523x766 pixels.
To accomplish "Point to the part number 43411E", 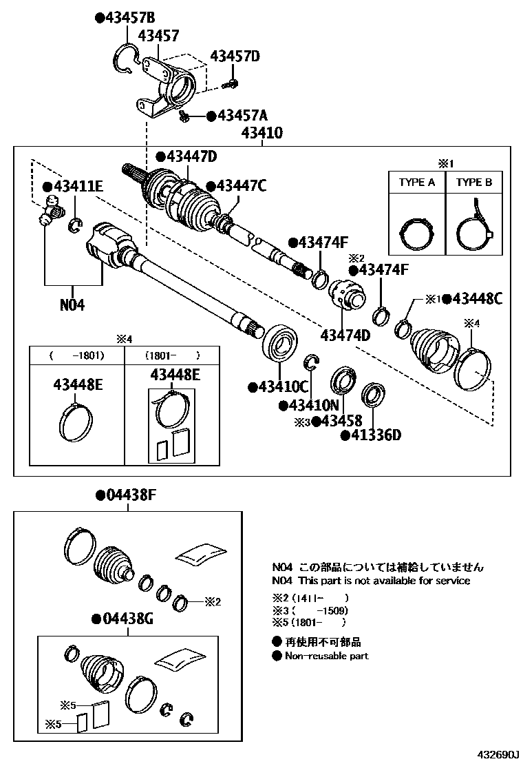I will click(78, 186).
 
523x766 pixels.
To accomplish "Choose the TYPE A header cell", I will click(416, 183).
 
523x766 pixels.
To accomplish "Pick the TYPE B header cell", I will click(474, 183).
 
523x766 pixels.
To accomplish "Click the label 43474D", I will click(345, 335).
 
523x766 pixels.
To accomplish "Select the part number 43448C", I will click(478, 298).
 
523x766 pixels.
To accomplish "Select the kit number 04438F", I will click(130, 495).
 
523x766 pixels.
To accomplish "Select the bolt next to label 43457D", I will click(232, 84).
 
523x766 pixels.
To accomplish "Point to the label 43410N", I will click(314, 405).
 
